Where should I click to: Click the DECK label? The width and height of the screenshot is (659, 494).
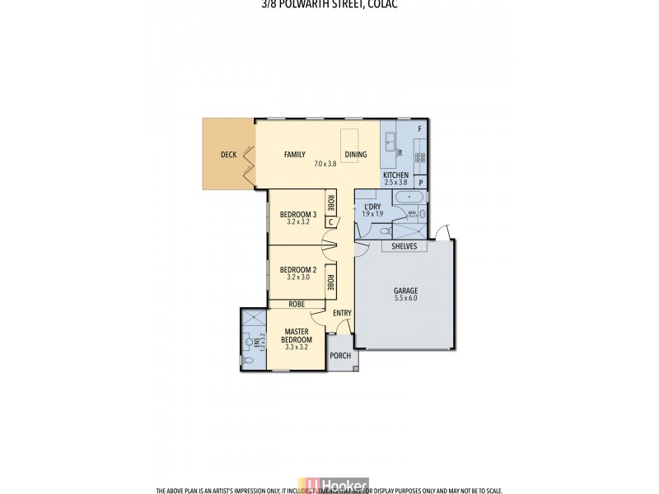click(x=228, y=155)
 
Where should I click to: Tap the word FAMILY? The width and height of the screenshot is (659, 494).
click(x=295, y=154)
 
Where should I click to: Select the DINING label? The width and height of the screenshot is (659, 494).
click(x=356, y=154)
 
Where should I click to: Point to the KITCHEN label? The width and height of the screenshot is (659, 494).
click(x=395, y=176)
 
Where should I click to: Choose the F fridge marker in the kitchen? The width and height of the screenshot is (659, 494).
click(x=419, y=129)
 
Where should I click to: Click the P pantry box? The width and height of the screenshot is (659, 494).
click(x=420, y=183)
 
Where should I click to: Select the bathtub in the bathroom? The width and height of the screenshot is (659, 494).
click(x=409, y=198)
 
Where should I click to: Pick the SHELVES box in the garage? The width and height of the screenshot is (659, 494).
click(x=404, y=246)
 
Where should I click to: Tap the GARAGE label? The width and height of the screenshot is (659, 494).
click(x=404, y=291)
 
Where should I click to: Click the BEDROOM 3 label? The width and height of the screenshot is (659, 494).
click(x=297, y=215)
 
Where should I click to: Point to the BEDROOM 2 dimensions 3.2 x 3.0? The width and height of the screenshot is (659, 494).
click(x=297, y=277)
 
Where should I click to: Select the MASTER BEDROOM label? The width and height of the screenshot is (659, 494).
click(x=297, y=336)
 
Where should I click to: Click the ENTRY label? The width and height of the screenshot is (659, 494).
click(x=342, y=313)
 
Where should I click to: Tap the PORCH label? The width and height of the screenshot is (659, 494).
click(x=340, y=356)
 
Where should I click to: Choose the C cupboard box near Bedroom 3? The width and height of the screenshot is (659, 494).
click(x=330, y=221)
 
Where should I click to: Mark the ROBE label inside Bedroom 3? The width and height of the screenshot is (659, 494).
click(x=330, y=201)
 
